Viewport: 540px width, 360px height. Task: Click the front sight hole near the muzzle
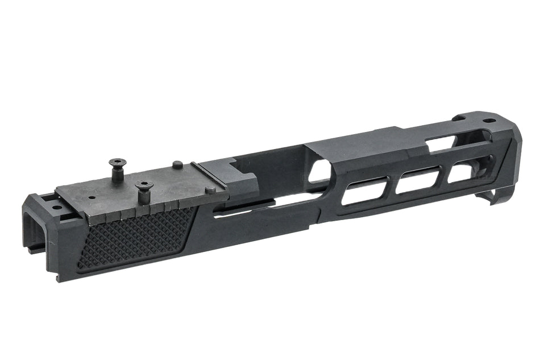487,121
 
